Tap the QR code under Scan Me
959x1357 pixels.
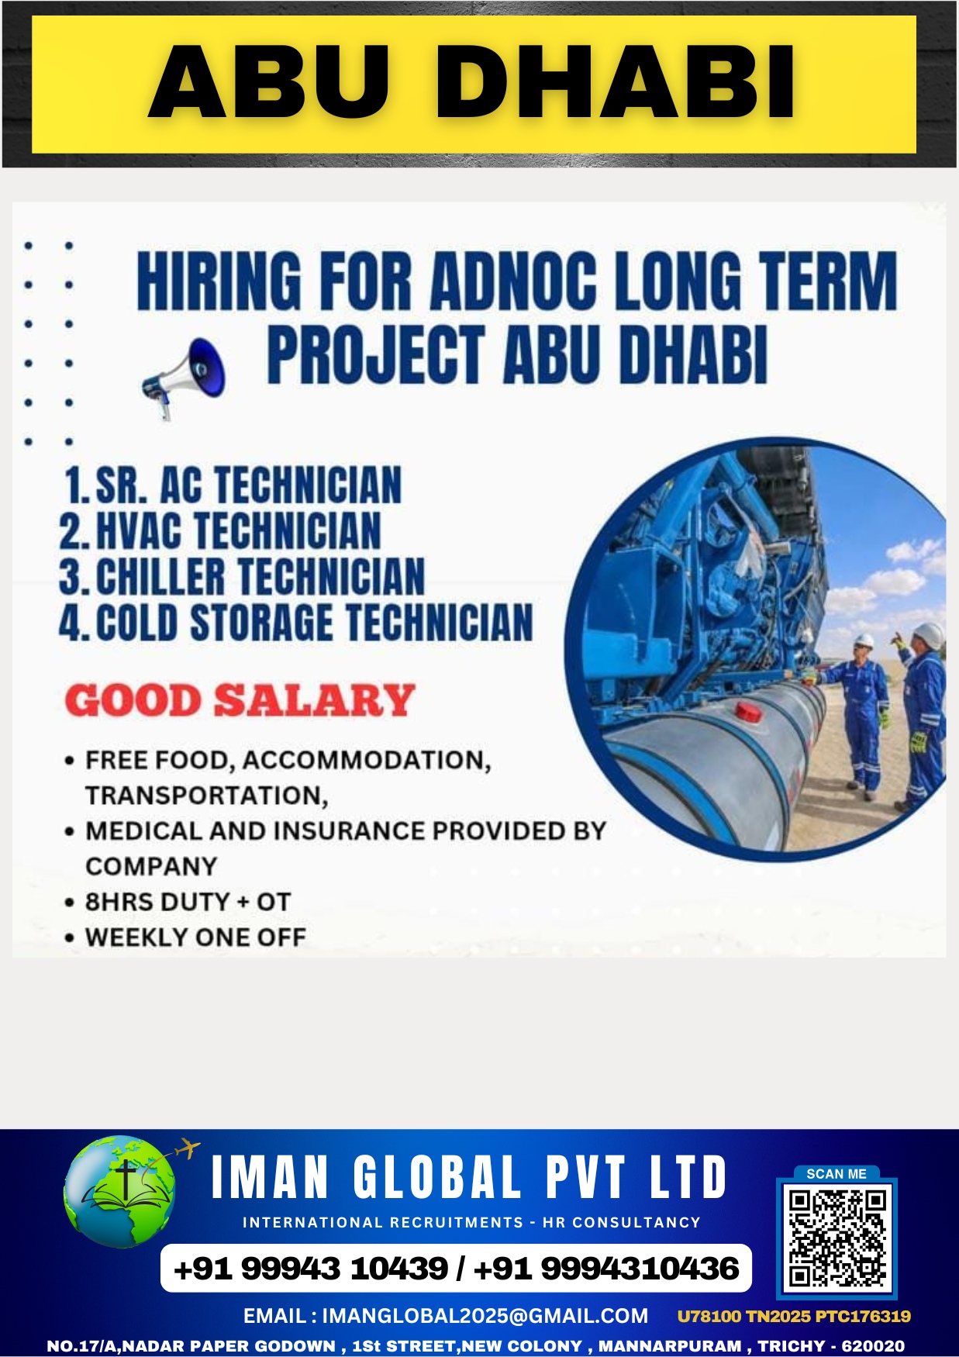tap(837, 1238)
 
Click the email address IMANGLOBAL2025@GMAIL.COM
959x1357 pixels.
tap(485, 1316)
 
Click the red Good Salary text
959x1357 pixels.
tap(240, 700)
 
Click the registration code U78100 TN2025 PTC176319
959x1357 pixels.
tap(794, 1316)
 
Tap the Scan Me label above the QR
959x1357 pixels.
tap(837, 1174)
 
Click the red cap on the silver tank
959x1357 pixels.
tap(748, 710)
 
